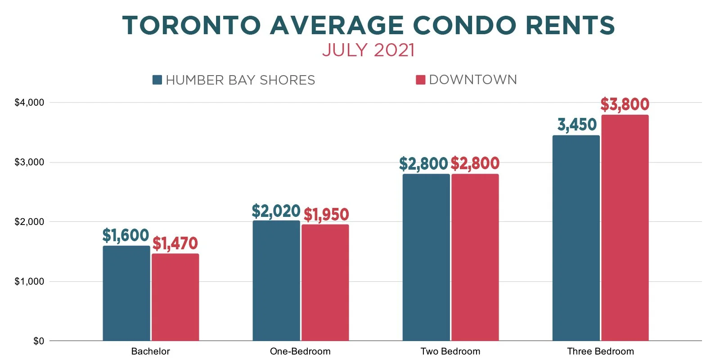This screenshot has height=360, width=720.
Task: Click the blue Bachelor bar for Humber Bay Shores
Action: click(126, 293)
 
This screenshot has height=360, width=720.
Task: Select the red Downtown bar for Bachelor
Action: click(175, 297)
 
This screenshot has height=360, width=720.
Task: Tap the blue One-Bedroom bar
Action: click(276, 281)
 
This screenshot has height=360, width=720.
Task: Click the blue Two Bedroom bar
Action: click(426, 257)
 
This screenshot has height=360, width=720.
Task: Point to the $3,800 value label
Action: click(625, 104)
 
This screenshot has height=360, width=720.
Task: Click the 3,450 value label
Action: click(577, 125)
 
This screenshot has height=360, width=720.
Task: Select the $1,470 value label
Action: click(175, 243)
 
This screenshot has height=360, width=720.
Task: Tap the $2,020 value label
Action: click(276, 211)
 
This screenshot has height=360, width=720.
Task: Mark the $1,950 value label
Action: click(326, 215)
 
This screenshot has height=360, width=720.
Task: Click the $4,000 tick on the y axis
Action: click(29, 103)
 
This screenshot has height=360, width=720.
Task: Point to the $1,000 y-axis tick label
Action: click(29, 282)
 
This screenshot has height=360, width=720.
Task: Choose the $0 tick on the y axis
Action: click(39, 341)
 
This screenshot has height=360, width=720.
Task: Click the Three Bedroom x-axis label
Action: click(600, 351)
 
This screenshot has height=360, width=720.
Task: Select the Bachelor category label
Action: click(150, 351)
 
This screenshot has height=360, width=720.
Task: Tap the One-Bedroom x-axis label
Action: click(300, 351)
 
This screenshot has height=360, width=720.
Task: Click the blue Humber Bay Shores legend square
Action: click(157, 80)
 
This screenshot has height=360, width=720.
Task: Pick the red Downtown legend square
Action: click(420, 80)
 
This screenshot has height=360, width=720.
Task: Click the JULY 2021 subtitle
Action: click(368, 50)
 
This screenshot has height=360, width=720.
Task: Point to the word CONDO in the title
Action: click(463, 25)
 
